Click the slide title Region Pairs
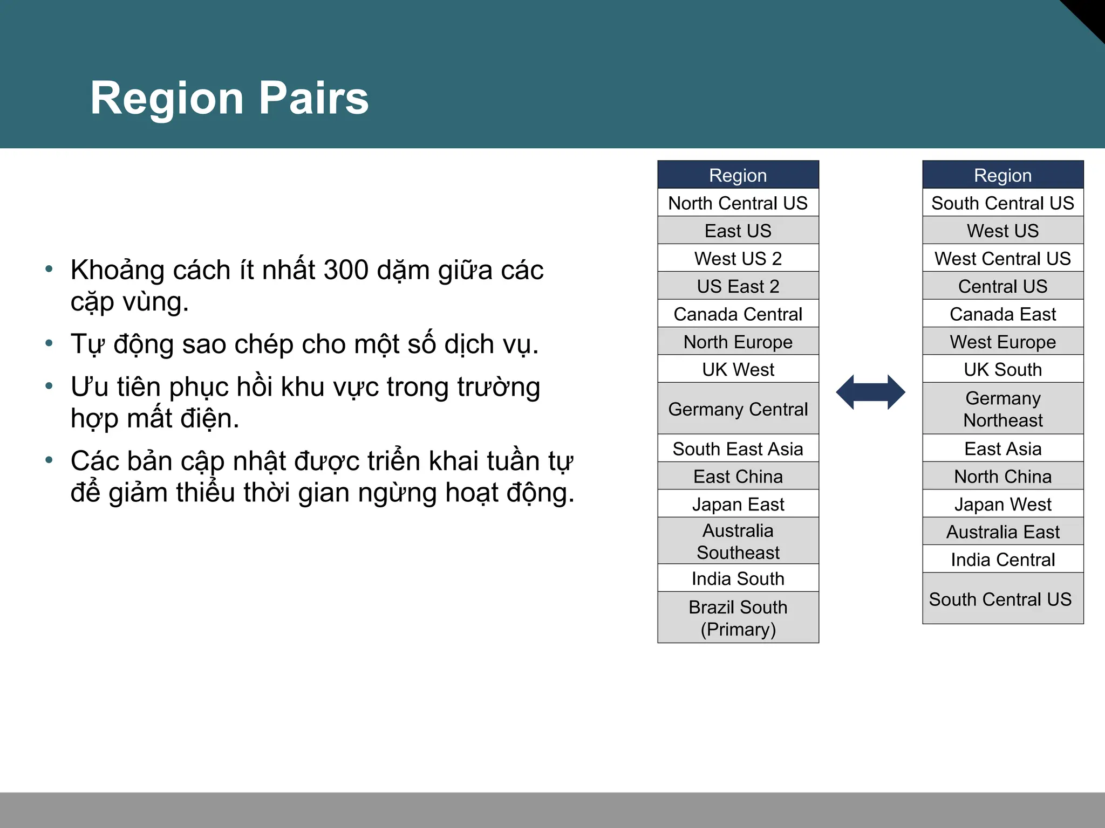[x=229, y=98]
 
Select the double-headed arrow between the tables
[x=870, y=392]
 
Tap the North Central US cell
[x=738, y=203]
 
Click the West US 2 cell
[x=738, y=259]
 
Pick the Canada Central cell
[x=738, y=314]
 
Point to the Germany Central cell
[x=738, y=409]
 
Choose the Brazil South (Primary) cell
[x=738, y=618]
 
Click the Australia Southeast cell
[x=738, y=541]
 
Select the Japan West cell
[x=1002, y=505]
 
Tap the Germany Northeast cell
[x=1002, y=409]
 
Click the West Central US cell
[x=1002, y=259]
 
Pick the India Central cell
[x=1002, y=560]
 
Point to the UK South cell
[x=1002, y=370]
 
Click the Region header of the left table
[x=738, y=175]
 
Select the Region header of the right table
[x=1002, y=175]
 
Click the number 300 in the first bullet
[x=346, y=270]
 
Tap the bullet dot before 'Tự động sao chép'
[x=49, y=343]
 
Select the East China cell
[x=738, y=477]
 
